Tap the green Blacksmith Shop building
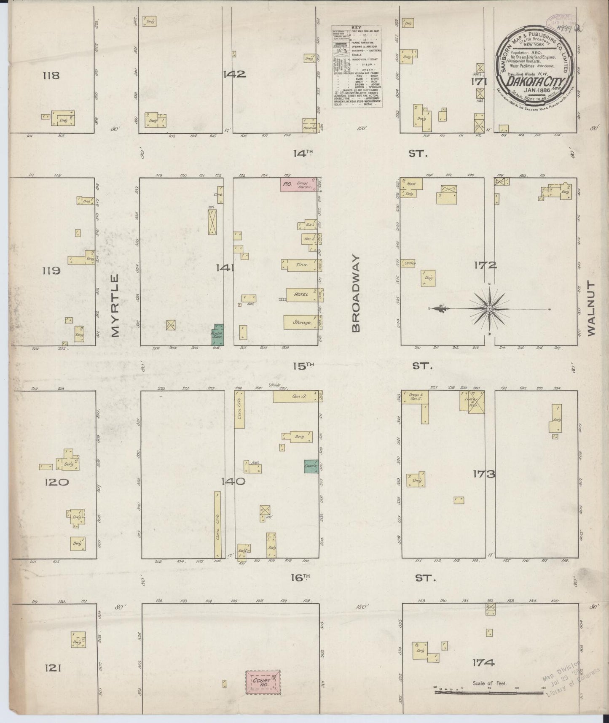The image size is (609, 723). tap(218, 335)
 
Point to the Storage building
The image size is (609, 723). tap(300, 322)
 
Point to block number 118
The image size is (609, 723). tap(51, 76)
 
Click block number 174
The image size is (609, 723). tap(483, 663)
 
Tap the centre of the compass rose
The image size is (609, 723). tap(489, 309)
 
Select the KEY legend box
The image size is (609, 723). tap(357, 66)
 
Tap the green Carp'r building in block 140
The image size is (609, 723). tap(311, 465)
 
